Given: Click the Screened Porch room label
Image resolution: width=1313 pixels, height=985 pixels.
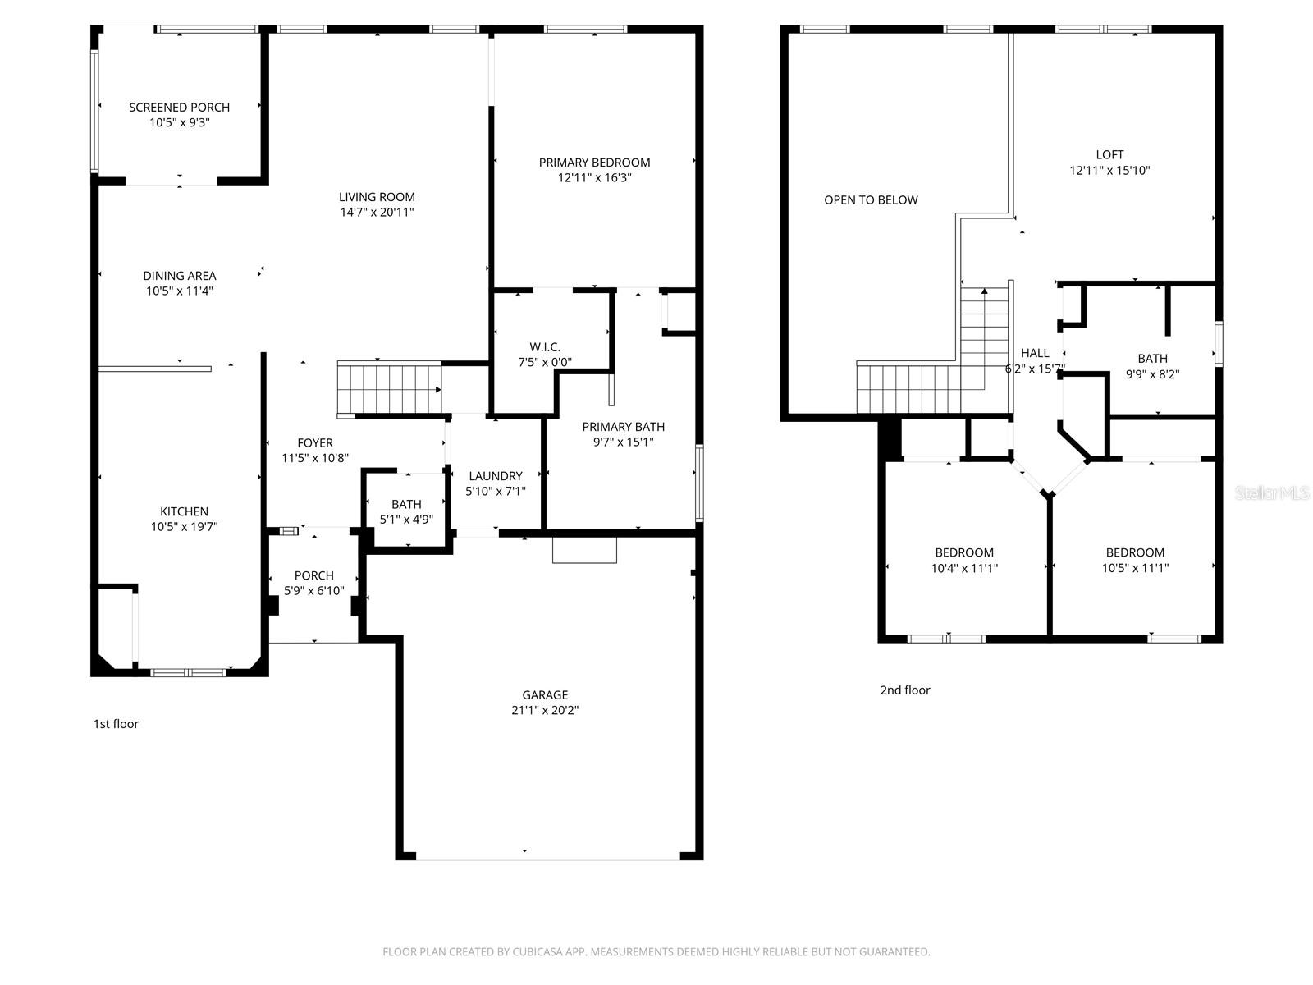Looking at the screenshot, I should [179, 108].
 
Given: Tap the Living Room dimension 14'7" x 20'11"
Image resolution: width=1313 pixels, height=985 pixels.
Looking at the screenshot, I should [377, 213].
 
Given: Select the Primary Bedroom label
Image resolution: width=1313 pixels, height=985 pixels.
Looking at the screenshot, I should [594, 163].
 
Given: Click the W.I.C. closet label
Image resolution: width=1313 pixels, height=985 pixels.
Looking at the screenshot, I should [545, 347].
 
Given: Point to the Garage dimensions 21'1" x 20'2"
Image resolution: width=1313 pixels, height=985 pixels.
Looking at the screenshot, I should [545, 711].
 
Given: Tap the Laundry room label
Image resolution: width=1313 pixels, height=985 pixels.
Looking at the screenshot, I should [495, 476].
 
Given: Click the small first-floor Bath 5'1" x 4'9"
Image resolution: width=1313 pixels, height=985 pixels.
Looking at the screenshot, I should [406, 511].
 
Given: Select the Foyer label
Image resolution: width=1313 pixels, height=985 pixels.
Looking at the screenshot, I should [315, 443].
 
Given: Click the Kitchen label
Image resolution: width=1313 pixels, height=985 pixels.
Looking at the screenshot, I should [184, 511].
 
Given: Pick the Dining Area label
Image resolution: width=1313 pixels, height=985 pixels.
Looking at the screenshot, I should [179, 276].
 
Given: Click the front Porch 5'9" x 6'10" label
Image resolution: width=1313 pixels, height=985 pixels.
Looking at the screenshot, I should [313, 575].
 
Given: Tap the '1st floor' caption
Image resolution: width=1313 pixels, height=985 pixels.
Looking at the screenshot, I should [116, 724].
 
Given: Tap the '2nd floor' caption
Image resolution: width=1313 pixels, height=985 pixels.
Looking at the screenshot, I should [905, 690].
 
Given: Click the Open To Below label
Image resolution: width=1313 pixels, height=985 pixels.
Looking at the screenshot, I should [871, 200].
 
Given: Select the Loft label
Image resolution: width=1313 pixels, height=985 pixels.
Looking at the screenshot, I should [1109, 155].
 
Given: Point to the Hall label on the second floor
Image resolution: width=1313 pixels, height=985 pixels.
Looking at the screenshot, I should [1035, 354].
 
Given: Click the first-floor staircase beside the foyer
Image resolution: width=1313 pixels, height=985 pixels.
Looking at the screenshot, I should [389, 390].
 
